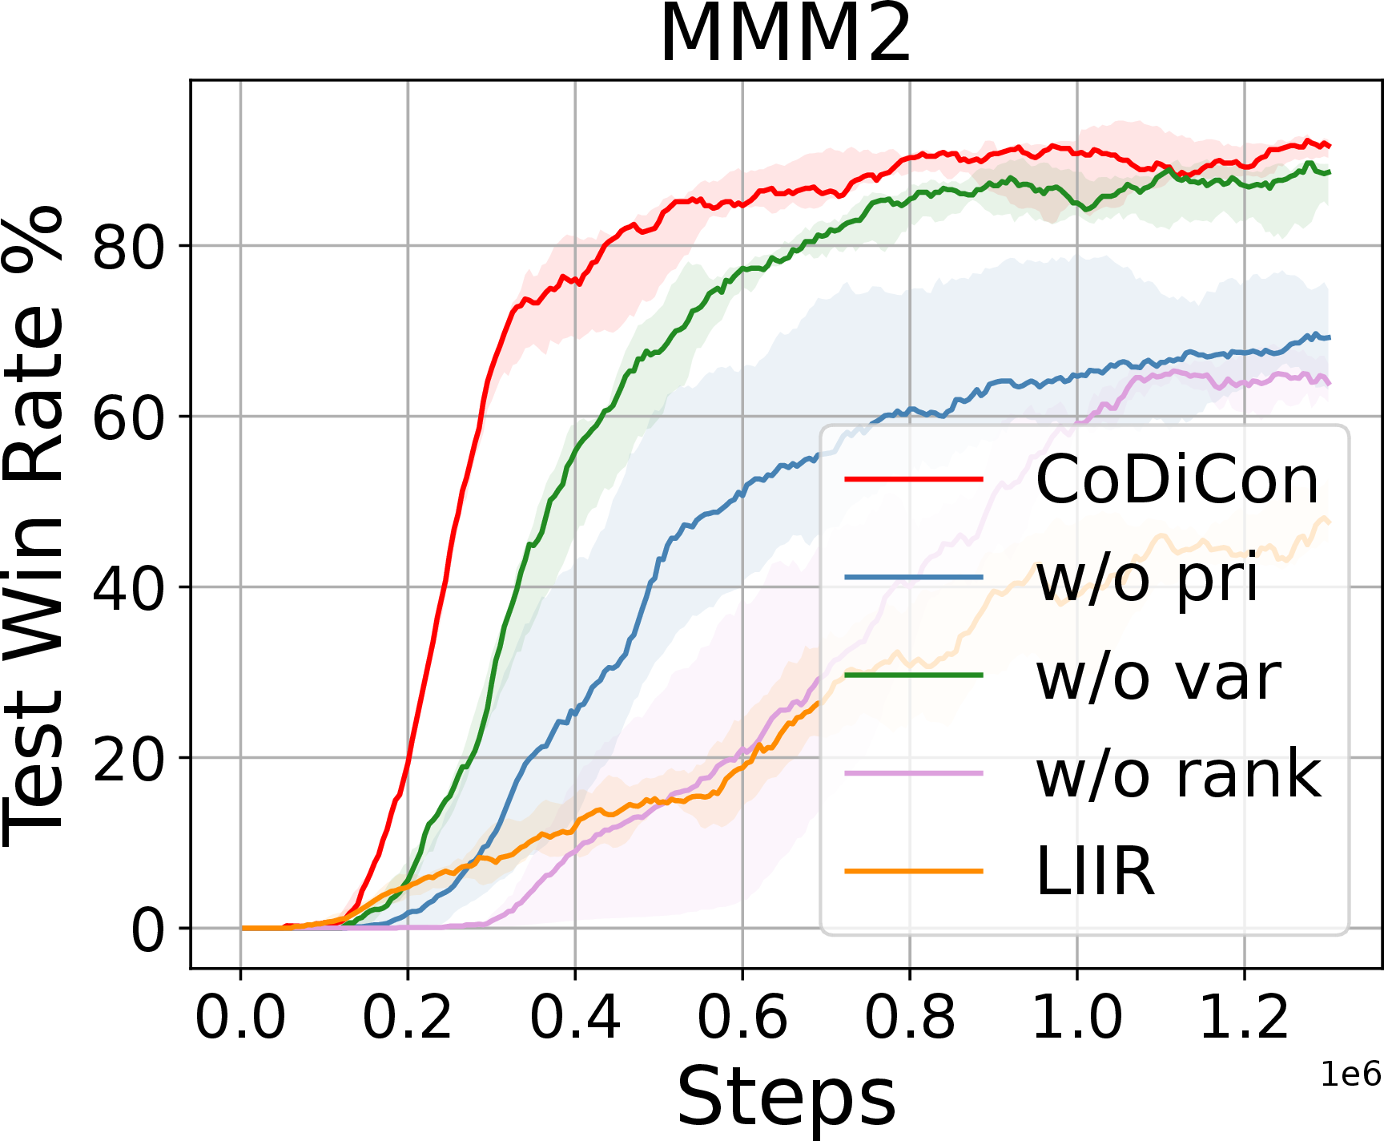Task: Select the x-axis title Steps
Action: [786, 1096]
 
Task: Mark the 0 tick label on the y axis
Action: [147, 929]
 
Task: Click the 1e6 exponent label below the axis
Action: [1351, 1074]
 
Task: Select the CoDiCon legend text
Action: [1177, 480]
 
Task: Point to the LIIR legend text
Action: [1095, 871]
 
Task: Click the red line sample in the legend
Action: [914, 479]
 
